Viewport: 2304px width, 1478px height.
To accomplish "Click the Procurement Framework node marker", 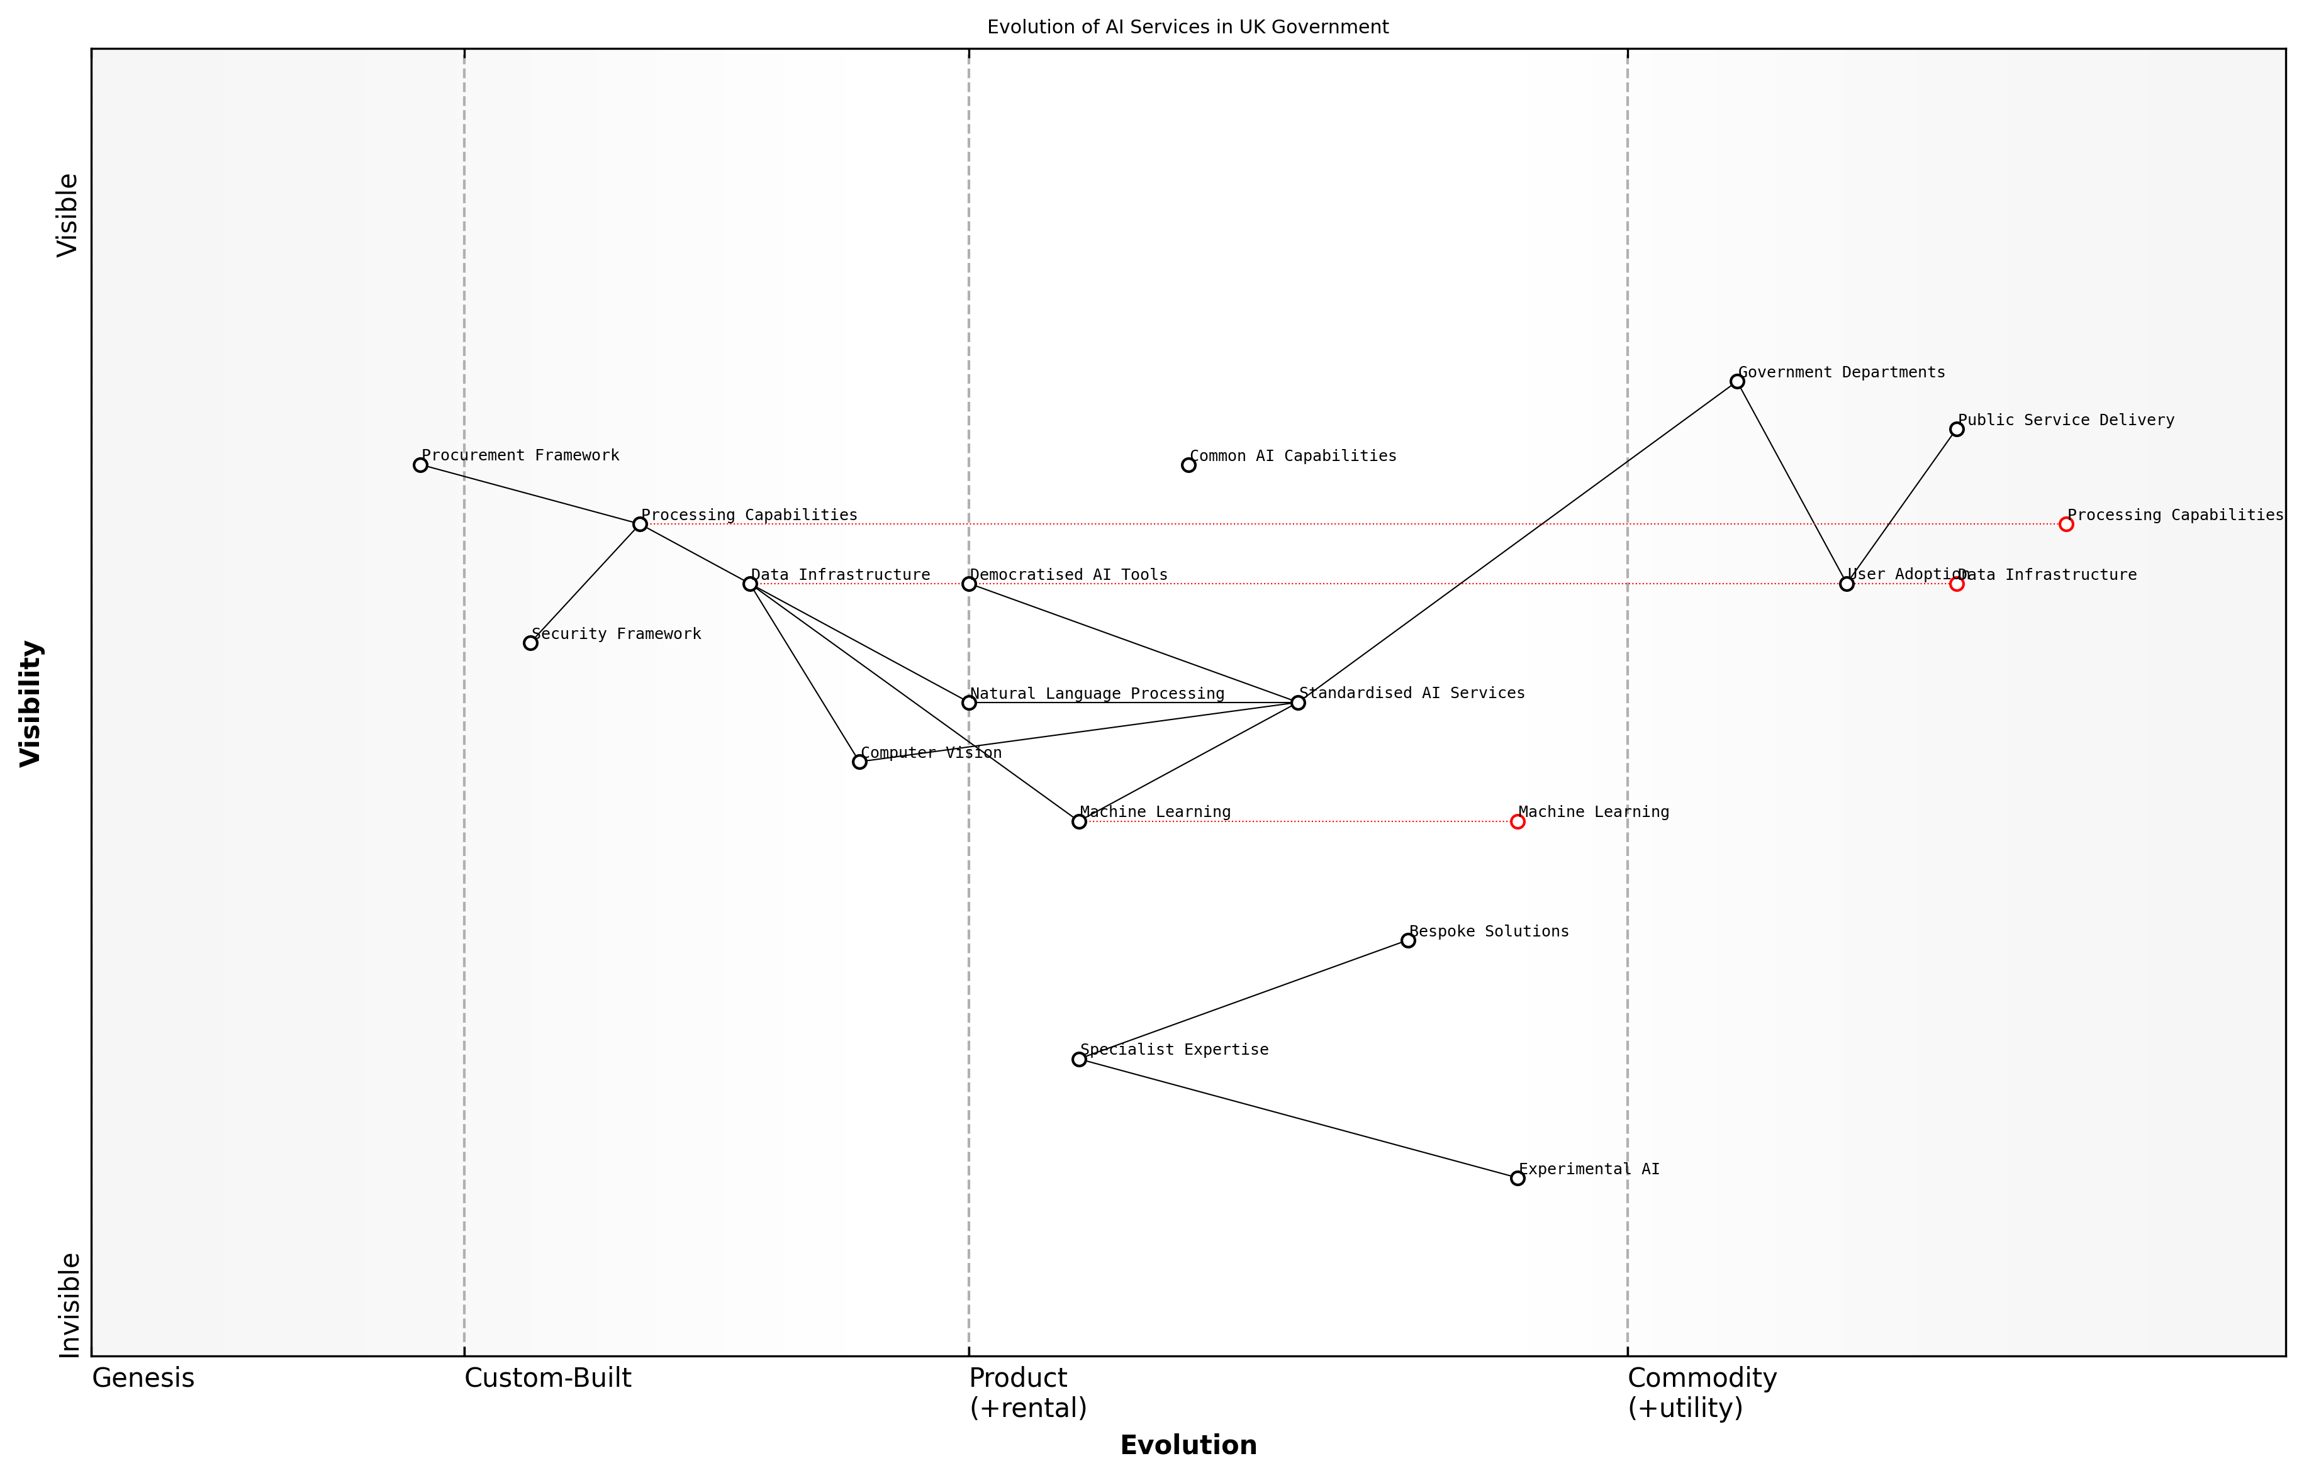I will click(420, 465).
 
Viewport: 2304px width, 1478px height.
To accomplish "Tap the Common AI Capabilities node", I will click(1188, 465).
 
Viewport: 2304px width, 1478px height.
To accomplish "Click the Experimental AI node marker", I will click(1518, 1179).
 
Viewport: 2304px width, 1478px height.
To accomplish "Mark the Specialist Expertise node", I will click(1079, 1060).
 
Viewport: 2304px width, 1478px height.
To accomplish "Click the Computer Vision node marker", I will click(859, 762).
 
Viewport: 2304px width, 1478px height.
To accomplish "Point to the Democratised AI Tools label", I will click(1068, 575).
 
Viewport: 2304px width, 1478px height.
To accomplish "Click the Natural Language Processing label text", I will click(1097, 694).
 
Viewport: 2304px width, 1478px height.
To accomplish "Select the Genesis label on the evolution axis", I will click(143, 1378).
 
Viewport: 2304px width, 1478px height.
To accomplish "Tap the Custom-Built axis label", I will click(548, 1378).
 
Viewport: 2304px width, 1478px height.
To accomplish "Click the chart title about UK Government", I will click(1187, 27).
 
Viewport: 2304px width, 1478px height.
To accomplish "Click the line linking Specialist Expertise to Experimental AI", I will click(1298, 1119).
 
